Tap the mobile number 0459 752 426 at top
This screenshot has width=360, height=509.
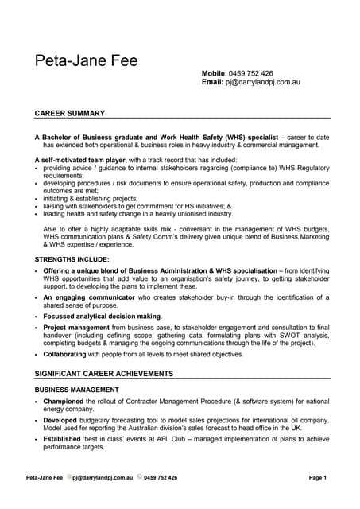(x=251, y=73)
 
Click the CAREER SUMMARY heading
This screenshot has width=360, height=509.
(x=70, y=114)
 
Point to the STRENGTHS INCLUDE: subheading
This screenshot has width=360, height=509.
(x=72, y=260)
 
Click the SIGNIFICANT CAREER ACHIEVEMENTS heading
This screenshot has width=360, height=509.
(x=104, y=373)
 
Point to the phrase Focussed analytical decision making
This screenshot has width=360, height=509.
(x=102, y=316)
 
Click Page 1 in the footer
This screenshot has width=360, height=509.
(x=318, y=478)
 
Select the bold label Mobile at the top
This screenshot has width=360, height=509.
(x=214, y=73)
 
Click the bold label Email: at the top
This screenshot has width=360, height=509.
(x=214, y=82)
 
